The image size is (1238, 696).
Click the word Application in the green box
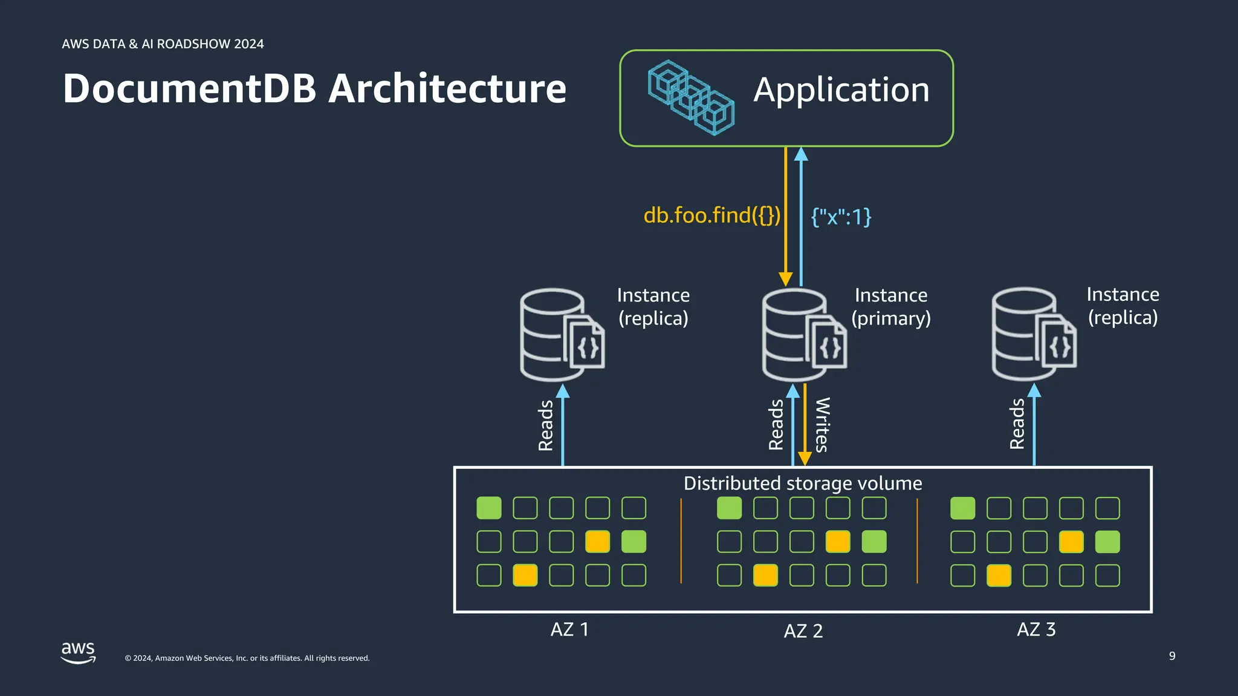point(841,91)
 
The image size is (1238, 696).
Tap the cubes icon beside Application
point(691,97)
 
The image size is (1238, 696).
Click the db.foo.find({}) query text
point(711,215)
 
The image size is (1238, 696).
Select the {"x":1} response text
point(841,216)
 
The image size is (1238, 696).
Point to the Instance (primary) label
point(891,307)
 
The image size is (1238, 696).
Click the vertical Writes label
point(822,425)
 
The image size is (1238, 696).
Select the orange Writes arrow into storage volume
point(805,426)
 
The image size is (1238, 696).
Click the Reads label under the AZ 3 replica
point(1017,424)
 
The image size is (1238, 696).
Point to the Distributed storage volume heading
point(802,483)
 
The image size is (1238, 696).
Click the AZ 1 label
point(569,630)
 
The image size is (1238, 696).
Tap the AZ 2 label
point(803,631)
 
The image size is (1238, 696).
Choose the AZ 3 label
point(1035,630)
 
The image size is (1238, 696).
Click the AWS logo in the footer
point(79,652)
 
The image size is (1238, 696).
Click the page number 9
point(1172,656)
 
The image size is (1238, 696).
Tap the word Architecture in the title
point(447,89)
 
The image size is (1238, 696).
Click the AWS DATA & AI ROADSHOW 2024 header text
point(163,44)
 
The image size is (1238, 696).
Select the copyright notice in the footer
point(247,659)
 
